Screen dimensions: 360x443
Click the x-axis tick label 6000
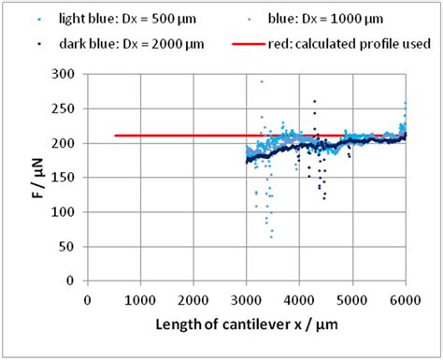[x=405, y=299]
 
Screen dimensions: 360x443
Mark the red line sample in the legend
[x=247, y=43]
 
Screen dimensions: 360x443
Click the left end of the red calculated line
[x=114, y=136]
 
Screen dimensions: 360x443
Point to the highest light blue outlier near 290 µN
[x=261, y=81]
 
